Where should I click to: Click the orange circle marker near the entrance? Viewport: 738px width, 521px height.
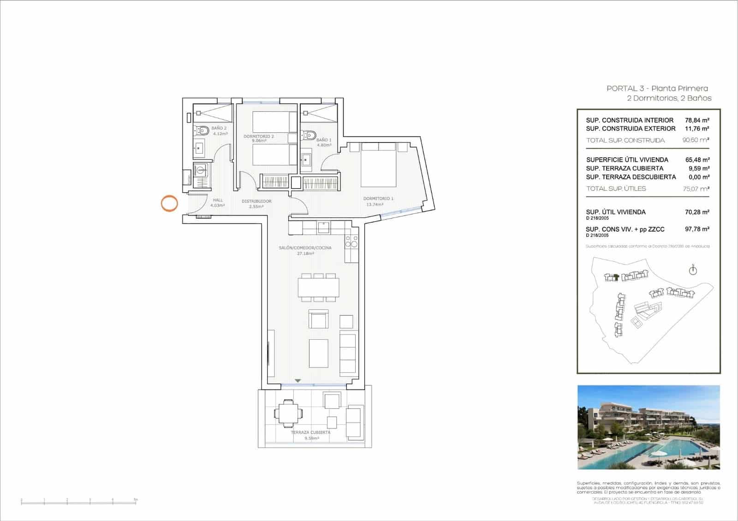[169, 203]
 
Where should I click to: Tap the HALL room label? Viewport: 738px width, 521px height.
[218, 200]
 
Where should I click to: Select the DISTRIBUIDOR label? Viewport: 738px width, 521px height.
[256, 201]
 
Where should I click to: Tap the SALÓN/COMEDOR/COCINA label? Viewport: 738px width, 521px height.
[305, 248]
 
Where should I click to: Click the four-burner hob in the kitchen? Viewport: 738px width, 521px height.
[351, 242]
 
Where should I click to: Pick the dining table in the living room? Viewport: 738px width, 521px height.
[318, 287]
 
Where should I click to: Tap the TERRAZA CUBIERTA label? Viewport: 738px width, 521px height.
[310, 432]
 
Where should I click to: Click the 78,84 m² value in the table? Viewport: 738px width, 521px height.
[697, 120]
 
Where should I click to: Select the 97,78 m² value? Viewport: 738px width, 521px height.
[697, 229]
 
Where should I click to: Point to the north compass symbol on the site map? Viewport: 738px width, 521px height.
[692, 270]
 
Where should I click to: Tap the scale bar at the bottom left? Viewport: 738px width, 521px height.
[79, 500]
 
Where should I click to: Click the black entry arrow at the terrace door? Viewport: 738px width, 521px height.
[298, 381]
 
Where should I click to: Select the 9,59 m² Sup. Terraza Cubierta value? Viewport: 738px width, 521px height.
[698, 168]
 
